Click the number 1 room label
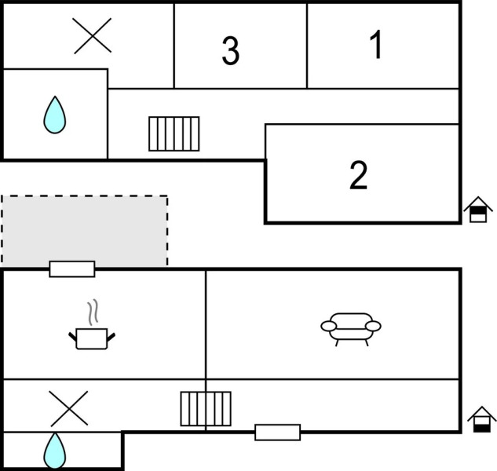[376, 46]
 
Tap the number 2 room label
[358, 175]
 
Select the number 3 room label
[230, 51]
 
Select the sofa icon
[350, 327]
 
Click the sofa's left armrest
[328, 326]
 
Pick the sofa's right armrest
[373, 326]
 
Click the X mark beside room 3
[93, 35]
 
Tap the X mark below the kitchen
[69, 408]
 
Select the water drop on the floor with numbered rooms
[54, 115]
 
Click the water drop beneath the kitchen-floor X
[54, 451]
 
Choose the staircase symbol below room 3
[174, 133]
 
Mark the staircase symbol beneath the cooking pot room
[206, 408]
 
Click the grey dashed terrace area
[84, 230]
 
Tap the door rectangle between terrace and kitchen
[72, 269]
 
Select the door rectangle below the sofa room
[277, 432]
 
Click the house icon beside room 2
[477, 210]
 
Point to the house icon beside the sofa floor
[481, 420]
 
